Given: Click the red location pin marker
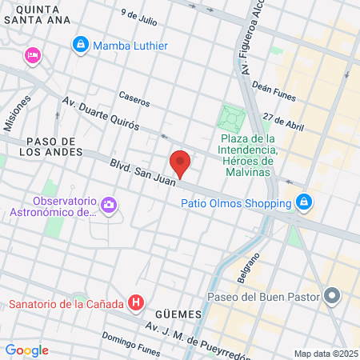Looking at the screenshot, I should point(181,162).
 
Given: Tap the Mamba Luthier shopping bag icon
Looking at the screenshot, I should point(80,46).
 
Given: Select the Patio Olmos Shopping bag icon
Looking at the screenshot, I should point(303,202).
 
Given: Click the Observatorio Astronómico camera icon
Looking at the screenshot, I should point(108,206).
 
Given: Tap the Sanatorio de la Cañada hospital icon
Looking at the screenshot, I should point(137,303).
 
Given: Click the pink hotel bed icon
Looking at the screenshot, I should point(33,55).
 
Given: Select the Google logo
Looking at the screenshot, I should point(26,350).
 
